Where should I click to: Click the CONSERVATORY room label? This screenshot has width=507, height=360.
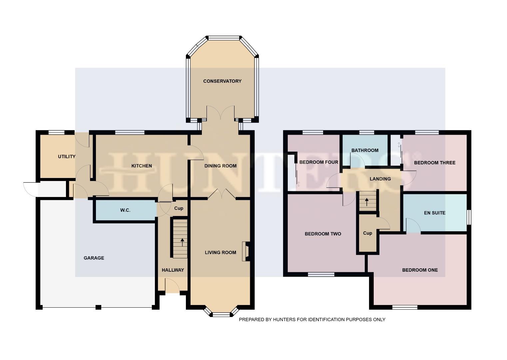pyautogui.click(x=222, y=81)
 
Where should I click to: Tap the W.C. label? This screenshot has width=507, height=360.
pyautogui.click(x=125, y=210)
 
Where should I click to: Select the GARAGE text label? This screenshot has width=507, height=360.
pyautogui.click(x=94, y=258)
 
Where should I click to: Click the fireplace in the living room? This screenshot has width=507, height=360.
pyautogui.click(x=247, y=251)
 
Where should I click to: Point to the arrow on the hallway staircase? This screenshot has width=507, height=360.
pyautogui.click(x=182, y=242)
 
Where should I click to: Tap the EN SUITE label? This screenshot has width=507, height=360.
pyautogui.click(x=434, y=213)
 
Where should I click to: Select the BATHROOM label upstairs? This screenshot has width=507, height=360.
pyautogui.click(x=365, y=150)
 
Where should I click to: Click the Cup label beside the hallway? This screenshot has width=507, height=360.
pyautogui.click(x=179, y=208)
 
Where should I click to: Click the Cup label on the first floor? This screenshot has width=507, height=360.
pyautogui.click(x=367, y=233)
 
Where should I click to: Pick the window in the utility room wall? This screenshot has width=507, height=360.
pyautogui.click(x=56, y=132)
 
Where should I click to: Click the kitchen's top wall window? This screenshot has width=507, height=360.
pyautogui.click(x=130, y=132)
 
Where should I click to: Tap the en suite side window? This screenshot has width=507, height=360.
pyautogui.click(x=469, y=217)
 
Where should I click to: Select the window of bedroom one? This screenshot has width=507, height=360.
pyautogui.click(x=405, y=307)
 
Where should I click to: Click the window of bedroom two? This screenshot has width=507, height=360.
pyautogui.click(x=321, y=274)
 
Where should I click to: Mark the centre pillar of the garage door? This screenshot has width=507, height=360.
pyautogui.click(x=98, y=307)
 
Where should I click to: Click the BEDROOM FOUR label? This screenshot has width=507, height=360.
pyautogui.click(x=318, y=162)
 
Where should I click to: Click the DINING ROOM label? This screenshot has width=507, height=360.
pyautogui.click(x=220, y=166)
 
